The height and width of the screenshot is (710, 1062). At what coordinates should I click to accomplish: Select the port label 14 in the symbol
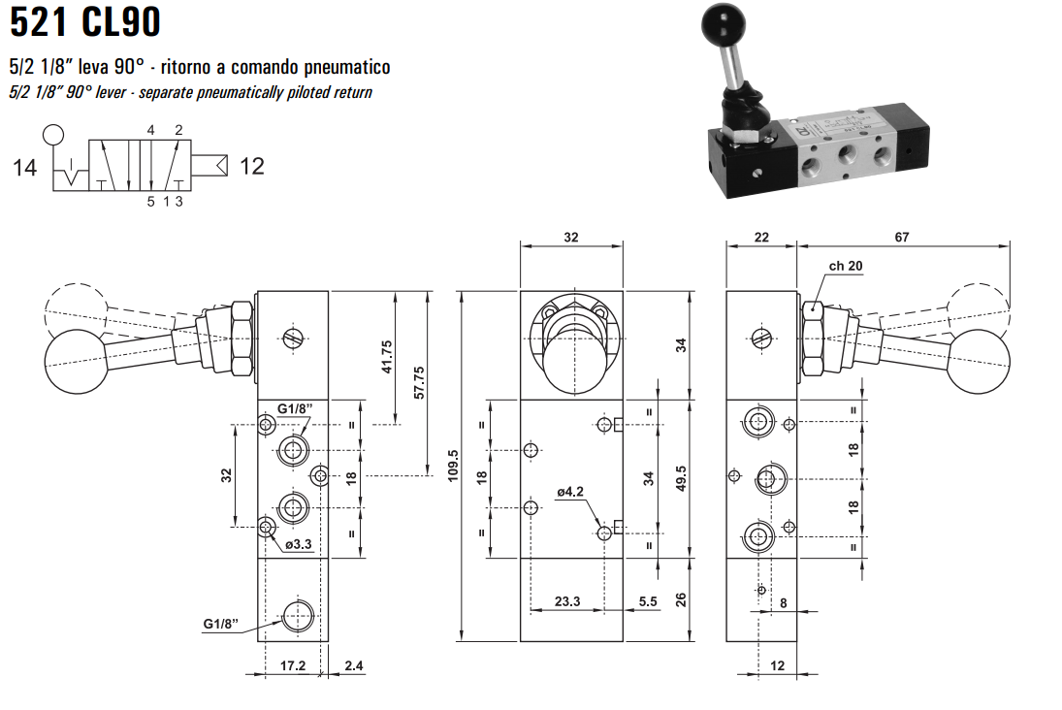[x=25, y=168]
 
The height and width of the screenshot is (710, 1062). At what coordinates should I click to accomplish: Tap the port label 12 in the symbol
[x=251, y=167]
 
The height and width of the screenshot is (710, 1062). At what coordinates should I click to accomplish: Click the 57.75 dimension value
[x=419, y=383]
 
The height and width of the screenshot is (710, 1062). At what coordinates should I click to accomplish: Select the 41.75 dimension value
[x=387, y=358]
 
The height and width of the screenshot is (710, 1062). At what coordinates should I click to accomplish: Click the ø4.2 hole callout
[x=570, y=492]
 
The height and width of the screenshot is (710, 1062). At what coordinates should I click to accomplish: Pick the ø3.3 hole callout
[x=298, y=544]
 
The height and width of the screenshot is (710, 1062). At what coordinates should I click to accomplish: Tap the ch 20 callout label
[x=845, y=266]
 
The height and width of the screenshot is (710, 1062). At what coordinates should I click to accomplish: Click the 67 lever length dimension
[x=902, y=237]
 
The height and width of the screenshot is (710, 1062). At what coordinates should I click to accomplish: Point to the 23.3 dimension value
[x=567, y=601]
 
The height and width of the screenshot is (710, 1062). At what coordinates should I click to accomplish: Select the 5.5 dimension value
[x=648, y=601]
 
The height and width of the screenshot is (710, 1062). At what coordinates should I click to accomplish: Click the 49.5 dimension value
[x=681, y=477]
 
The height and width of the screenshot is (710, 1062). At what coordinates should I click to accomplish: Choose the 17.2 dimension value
[x=293, y=666]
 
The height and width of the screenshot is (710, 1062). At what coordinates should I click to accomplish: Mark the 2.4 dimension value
[x=353, y=666]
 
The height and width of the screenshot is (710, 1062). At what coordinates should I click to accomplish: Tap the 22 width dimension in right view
[x=760, y=237]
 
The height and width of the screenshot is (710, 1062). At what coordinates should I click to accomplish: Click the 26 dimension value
[x=681, y=598]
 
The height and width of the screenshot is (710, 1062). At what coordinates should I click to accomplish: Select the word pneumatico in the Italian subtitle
[x=344, y=67]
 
